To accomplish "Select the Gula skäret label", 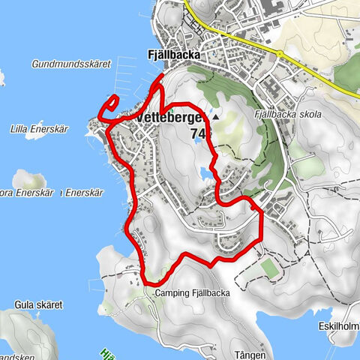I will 37,305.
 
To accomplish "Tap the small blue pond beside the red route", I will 204,174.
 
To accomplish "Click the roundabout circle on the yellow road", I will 280,54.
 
